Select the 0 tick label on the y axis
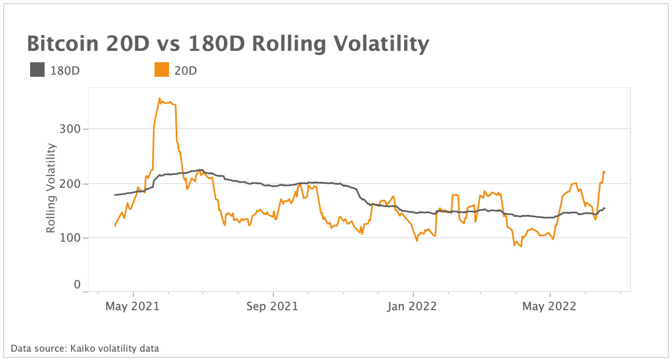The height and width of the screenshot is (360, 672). pos(77,284)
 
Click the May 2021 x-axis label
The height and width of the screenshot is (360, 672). pos(132,307)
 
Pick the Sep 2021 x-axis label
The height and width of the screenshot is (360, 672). pos(273,307)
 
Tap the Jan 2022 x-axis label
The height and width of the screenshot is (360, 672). pos(413,307)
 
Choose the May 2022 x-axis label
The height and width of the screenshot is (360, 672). pos(549,307)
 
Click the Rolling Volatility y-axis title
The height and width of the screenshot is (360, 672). pos(51,188)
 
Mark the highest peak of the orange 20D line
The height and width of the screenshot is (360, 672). pos(159,98)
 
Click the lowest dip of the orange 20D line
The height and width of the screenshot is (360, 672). pos(521,246)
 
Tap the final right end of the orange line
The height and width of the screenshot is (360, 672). pos(605,173)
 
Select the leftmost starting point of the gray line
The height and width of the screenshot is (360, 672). pos(115,195)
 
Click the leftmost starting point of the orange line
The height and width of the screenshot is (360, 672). pos(115,226)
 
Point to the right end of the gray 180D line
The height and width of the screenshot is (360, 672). pos(605,208)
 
